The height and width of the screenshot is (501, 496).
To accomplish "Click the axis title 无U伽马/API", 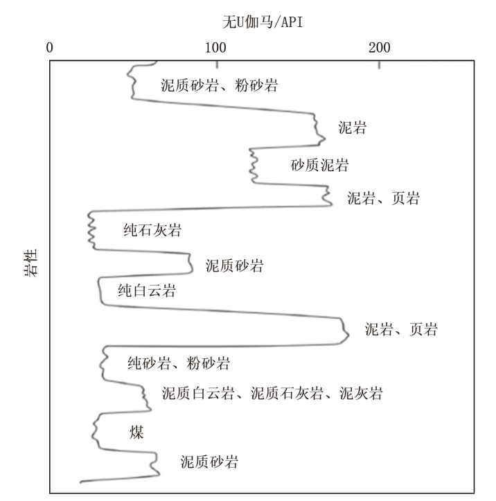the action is pyautogui.click(x=263, y=22).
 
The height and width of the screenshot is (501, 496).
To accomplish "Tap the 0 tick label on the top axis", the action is pyautogui.click(x=49, y=48).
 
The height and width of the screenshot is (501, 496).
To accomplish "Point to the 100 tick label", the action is pyautogui.click(x=215, y=48).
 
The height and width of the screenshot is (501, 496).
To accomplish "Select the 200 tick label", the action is pyautogui.click(x=380, y=48).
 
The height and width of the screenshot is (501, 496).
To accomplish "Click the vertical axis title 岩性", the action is pyautogui.click(x=31, y=263).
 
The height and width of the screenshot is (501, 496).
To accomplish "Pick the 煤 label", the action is pyautogui.click(x=136, y=432).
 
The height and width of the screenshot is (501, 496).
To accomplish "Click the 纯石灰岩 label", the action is pyautogui.click(x=152, y=230).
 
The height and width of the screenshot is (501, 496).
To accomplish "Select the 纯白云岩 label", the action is pyautogui.click(x=147, y=290).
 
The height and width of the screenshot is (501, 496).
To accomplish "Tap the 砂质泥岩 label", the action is pyautogui.click(x=320, y=165).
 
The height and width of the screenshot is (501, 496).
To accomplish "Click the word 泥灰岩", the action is pyautogui.click(x=361, y=393).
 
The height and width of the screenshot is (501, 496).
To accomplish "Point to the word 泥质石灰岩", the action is pyautogui.click(x=287, y=393).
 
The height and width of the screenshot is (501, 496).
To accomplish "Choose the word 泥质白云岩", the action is pyautogui.click(x=198, y=393).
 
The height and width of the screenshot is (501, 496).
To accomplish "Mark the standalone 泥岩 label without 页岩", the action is pyautogui.click(x=353, y=128).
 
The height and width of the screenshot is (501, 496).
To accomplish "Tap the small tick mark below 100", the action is pyautogui.click(x=218, y=64).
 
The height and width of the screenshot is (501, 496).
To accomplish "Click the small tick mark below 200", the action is pyautogui.click(x=380, y=64).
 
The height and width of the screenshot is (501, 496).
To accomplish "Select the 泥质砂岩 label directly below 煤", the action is pyautogui.click(x=209, y=462).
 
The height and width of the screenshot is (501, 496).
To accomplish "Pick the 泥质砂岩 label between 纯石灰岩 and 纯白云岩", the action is pyautogui.click(x=234, y=265).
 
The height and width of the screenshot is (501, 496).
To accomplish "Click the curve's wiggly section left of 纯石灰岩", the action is pyautogui.click(x=91, y=230).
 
